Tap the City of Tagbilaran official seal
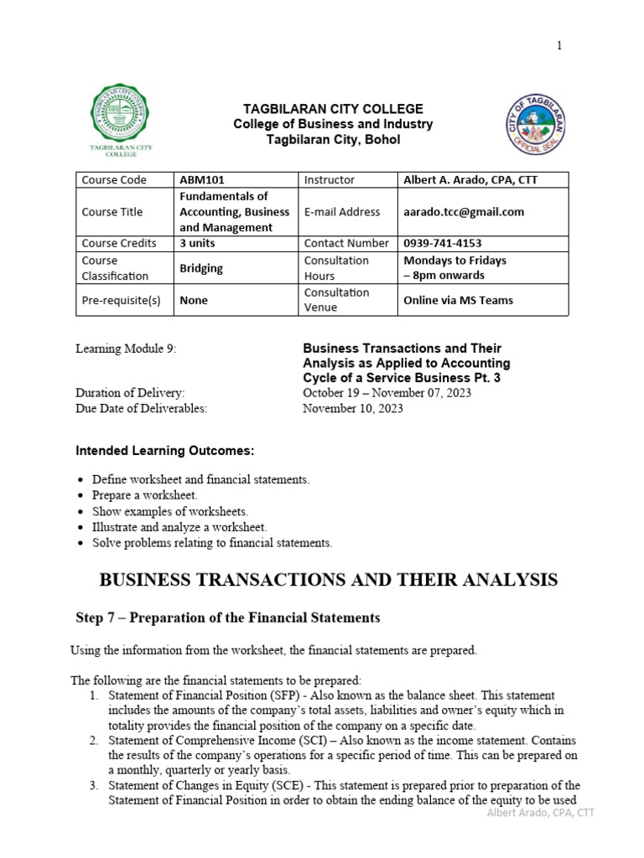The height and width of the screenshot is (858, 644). [538, 125]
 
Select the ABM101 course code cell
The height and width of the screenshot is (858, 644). [202, 179]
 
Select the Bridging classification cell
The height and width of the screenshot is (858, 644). [201, 267]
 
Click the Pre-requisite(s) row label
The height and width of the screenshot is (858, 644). [121, 300]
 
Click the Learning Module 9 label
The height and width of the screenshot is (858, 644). [127, 348]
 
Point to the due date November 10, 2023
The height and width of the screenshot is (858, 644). [352, 408]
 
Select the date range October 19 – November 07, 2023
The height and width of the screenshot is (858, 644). [387, 393]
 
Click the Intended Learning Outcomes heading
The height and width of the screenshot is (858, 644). [164, 451]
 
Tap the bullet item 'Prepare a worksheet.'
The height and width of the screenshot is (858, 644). [144, 495]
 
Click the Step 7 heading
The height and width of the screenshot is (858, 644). [228, 618]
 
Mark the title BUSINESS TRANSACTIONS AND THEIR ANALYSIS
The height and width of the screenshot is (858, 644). [328, 579]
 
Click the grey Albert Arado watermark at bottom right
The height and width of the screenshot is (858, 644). [541, 813]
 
